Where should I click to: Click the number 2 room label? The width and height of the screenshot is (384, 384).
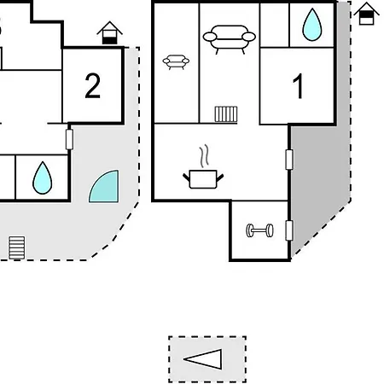(x=92, y=85)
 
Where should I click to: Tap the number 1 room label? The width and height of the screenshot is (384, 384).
(x=298, y=86)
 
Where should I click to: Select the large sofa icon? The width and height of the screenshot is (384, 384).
(x=229, y=39)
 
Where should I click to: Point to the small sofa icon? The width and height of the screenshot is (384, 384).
(x=176, y=62)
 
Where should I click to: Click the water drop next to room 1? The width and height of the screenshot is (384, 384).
(x=312, y=25)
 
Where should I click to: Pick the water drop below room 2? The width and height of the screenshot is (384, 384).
(x=43, y=178)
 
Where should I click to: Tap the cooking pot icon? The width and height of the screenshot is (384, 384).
(x=203, y=179)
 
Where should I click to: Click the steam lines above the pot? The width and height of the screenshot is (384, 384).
(x=204, y=155)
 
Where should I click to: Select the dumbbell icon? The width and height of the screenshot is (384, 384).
(x=259, y=230)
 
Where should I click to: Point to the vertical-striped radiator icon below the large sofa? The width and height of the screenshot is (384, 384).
(x=226, y=114)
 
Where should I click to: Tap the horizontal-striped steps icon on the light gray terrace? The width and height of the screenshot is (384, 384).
(x=17, y=247)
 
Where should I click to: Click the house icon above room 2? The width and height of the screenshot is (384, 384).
(x=109, y=32)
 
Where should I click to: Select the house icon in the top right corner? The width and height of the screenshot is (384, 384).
(x=366, y=14)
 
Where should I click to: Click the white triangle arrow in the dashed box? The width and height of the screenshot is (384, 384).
(x=203, y=359)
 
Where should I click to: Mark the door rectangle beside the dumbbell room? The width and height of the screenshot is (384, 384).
(x=289, y=230)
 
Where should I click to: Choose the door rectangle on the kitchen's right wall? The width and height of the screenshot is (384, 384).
(x=289, y=160)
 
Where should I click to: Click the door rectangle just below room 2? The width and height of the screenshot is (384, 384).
(x=69, y=139)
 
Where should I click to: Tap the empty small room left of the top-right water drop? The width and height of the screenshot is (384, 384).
(x=275, y=25)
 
